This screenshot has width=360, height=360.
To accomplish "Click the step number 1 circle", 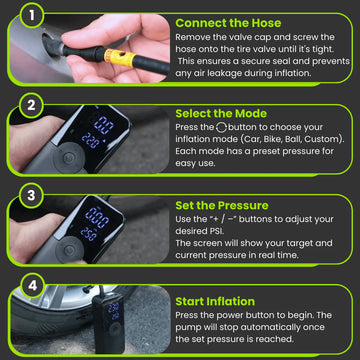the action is click(32, 15).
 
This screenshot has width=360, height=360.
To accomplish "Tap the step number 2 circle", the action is click(32, 105).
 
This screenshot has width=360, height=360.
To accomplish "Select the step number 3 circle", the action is click(32, 195).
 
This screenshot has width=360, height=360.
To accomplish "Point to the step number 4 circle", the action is click(32, 286).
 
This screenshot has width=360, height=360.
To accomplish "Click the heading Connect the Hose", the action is click(228, 23).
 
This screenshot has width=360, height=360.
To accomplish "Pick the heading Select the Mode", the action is click(221, 114).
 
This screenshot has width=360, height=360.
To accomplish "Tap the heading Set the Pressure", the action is click(222, 205).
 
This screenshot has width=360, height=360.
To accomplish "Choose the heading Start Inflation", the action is click(215, 301).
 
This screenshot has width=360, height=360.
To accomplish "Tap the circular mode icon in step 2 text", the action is click(222, 127).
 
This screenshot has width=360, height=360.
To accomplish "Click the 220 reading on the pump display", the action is click(90, 140).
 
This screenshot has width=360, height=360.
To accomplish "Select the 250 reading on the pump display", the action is click(89, 234).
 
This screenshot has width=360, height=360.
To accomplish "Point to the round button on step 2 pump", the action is click(69, 158).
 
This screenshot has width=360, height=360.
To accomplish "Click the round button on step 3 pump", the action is click(69, 249).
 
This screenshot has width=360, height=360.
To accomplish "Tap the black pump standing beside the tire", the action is click(109, 323).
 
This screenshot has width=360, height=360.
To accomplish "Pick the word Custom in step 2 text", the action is click(322, 139).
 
